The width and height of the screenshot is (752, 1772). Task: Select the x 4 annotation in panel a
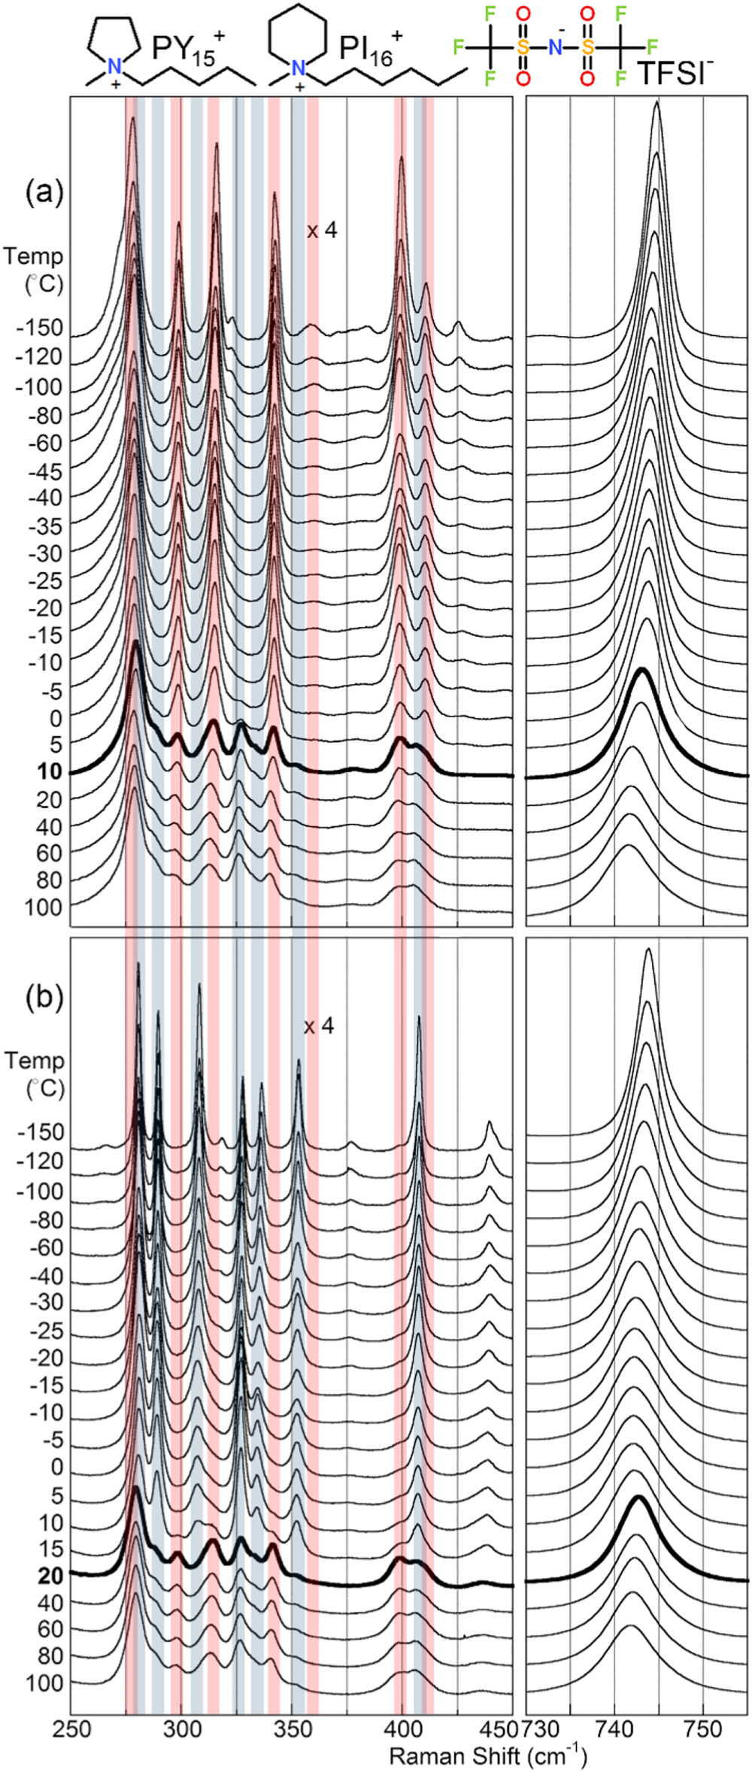[x=322, y=230]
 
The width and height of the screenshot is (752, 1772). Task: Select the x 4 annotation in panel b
[x=319, y=1026]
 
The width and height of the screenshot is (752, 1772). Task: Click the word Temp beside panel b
[x=34, y=1060]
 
